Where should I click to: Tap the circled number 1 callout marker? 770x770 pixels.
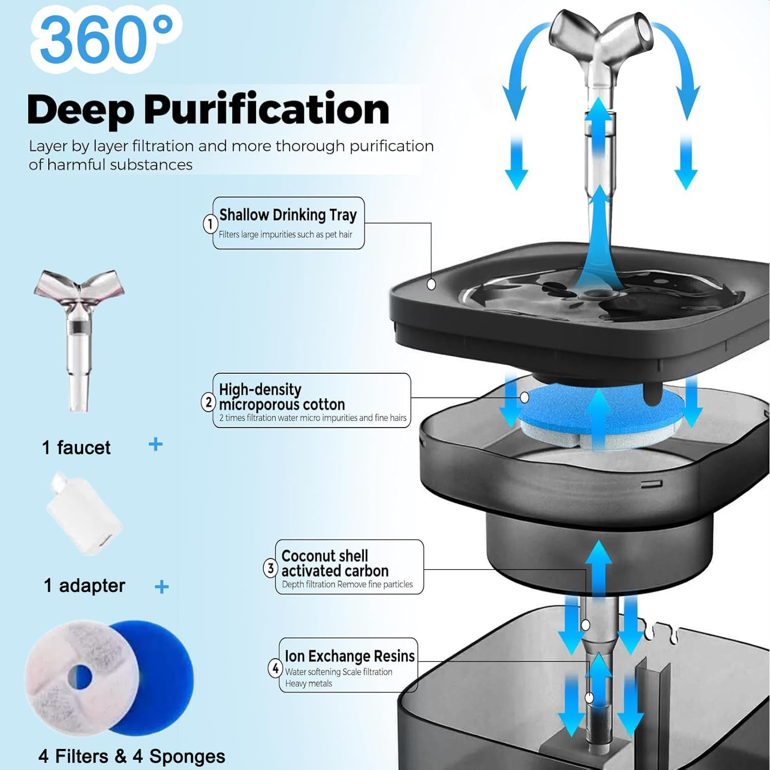click(x=209, y=224)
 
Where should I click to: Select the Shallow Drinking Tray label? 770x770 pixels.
click(x=288, y=215)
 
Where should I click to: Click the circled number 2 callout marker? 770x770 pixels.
click(x=208, y=402)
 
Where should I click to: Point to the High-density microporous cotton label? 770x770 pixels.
click(x=282, y=396)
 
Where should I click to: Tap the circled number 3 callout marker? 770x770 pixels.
click(x=271, y=568)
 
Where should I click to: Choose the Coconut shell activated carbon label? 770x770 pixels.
click(x=335, y=563)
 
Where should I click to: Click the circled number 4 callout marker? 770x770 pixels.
click(x=275, y=668)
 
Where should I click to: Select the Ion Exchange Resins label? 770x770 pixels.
click(x=350, y=656)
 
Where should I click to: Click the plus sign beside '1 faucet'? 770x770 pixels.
click(x=156, y=445)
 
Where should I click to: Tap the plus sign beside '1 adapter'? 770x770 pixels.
click(x=162, y=587)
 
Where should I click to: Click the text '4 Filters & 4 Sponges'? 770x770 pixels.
click(x=132, y=756)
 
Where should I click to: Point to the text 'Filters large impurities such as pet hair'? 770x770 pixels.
click(x=285, y=235)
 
